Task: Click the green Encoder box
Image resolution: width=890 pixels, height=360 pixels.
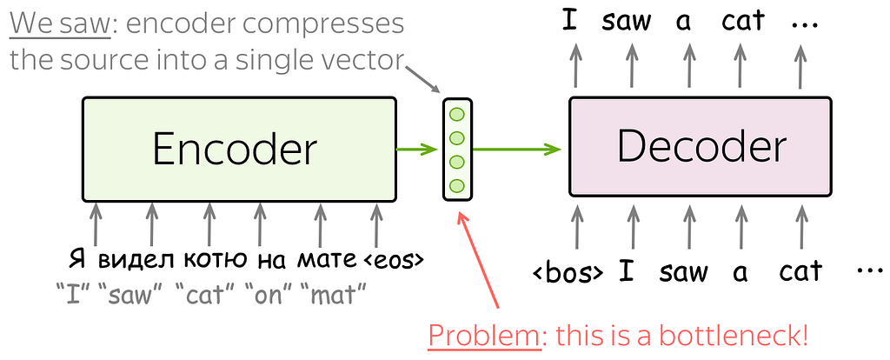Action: click(239, 150)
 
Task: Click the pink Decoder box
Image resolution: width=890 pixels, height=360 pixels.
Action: click(701, 147)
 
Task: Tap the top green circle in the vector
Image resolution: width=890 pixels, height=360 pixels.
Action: click(457, 114)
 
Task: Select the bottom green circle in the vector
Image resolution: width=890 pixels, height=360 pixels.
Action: click(457, 185)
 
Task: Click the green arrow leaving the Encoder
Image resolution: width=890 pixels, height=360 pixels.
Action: click(417, 150)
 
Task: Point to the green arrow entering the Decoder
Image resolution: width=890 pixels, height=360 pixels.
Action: click(517, 150)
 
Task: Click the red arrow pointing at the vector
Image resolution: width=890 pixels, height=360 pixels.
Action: click(479, 261)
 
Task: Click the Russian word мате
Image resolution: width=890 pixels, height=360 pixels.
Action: click(328, 261)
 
